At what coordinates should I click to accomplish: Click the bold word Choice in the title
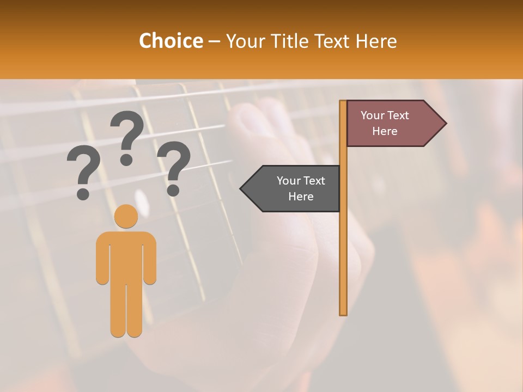[171, 41]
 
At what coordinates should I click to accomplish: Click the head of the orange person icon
[126, 216]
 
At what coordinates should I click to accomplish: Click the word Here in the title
[376, 41]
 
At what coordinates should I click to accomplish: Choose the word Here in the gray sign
[301, 197]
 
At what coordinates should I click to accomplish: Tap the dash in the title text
[214, 42]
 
